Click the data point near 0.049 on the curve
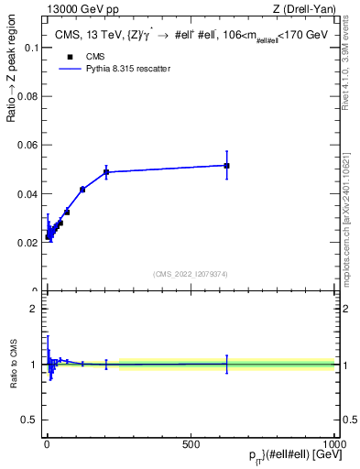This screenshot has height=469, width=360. (x=106, y=172)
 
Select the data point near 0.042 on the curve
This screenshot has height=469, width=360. (x=82, y=189)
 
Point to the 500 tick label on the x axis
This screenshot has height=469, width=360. (x=191, y=442)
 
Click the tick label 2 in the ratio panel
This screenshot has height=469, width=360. (x=33, y=309)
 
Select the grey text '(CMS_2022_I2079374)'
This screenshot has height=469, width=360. (x=191, y=272)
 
